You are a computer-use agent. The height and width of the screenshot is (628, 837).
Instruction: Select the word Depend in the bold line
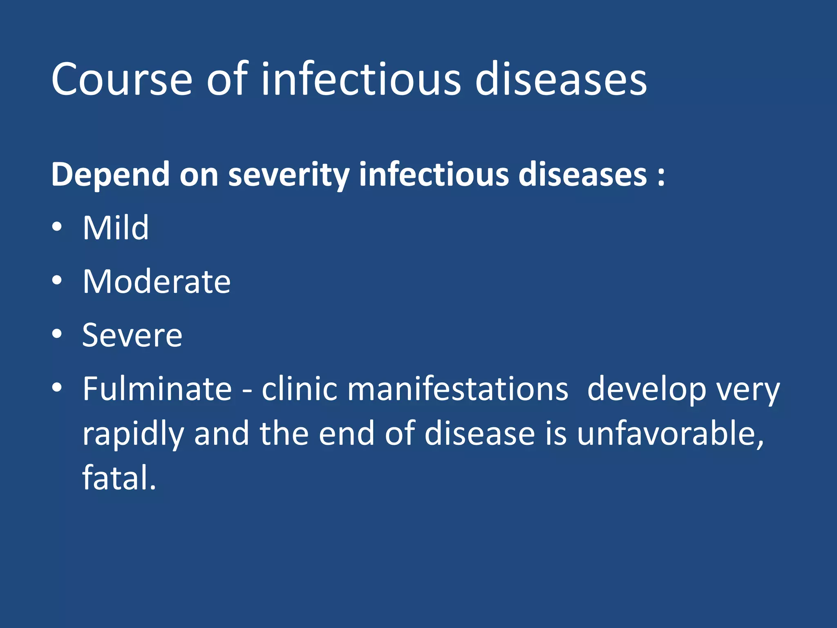(110, 175)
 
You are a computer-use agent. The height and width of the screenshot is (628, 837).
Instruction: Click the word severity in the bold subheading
(289, 175)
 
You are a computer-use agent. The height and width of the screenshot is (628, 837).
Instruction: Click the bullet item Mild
(116, 228)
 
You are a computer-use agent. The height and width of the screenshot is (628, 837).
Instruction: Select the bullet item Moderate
(157, 282)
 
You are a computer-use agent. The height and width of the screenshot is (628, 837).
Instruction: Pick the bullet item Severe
(132, 335)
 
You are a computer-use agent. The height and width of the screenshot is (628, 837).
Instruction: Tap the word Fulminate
(157, 389)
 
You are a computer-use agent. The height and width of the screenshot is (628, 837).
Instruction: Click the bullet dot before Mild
(57, 227)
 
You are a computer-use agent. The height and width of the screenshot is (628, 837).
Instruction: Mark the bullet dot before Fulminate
(57, 388)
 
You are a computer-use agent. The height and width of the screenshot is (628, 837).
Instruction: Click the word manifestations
(457, 389)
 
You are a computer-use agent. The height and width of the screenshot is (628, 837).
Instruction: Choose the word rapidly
(133, 434)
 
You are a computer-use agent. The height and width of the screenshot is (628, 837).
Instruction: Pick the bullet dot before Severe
(57, 334)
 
